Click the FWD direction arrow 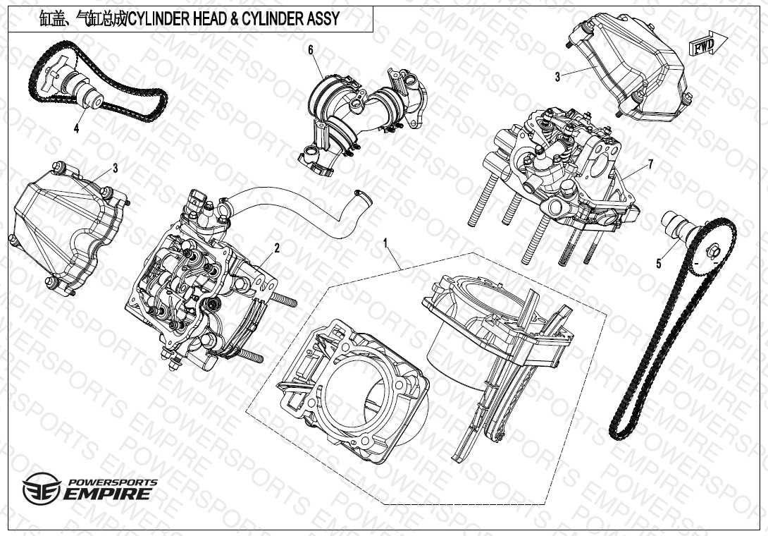[x=708, y=44]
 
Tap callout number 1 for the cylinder [x=385, y=243]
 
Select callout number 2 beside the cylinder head [x=277, y=248]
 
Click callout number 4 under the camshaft [x=76, y=128]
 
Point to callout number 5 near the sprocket [x=659, y=263]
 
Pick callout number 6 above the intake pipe [x=311, y=49]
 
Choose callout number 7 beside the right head [x=650, y=164]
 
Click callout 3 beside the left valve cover [x=116, y=169]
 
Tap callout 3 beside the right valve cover [x=557, y=77]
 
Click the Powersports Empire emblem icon [x=42, y=489]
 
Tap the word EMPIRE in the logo [x=107, y=494]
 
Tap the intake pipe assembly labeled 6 [x=362, y=120]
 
